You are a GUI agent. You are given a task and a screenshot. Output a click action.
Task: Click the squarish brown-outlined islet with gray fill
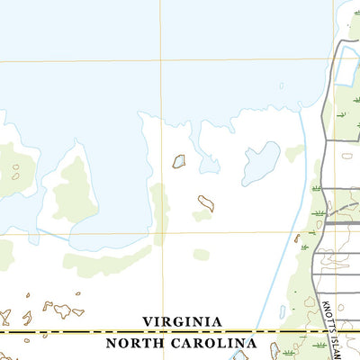coord(179,161)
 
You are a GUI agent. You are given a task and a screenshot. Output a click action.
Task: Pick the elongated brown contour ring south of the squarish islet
coord(206,203)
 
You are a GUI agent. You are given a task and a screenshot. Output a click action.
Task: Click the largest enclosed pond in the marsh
coord(260,163)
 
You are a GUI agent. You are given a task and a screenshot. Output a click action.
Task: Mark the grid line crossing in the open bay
coord(161,61)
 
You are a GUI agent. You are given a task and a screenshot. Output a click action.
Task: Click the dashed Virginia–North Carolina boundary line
coord(72,332)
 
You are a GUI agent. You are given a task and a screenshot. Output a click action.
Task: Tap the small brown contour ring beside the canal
coord(296,238)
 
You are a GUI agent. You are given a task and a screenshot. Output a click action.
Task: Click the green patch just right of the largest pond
coord(294,154)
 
